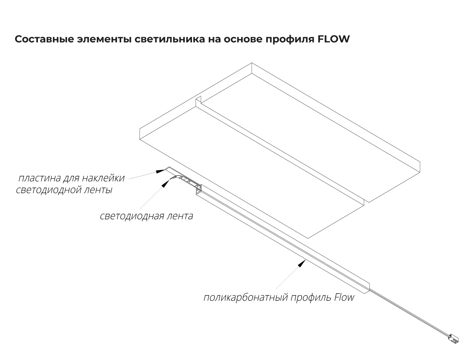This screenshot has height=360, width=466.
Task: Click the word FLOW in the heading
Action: click(334, 39)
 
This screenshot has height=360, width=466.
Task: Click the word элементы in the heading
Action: click(104, 39)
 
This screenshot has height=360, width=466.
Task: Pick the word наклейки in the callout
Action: click(103, 178)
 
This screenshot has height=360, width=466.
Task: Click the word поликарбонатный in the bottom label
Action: click(245, 297)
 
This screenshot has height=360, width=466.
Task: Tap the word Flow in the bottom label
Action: click(344, 297)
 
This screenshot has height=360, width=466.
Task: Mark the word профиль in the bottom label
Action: click(311, 297)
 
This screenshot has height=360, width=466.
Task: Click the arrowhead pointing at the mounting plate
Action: click(161, 171)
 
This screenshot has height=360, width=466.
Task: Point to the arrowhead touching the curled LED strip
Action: click(164, 183)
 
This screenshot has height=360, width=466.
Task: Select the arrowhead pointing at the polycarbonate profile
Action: click(302, 263)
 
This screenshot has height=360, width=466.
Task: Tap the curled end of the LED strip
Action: click(176, 177)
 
